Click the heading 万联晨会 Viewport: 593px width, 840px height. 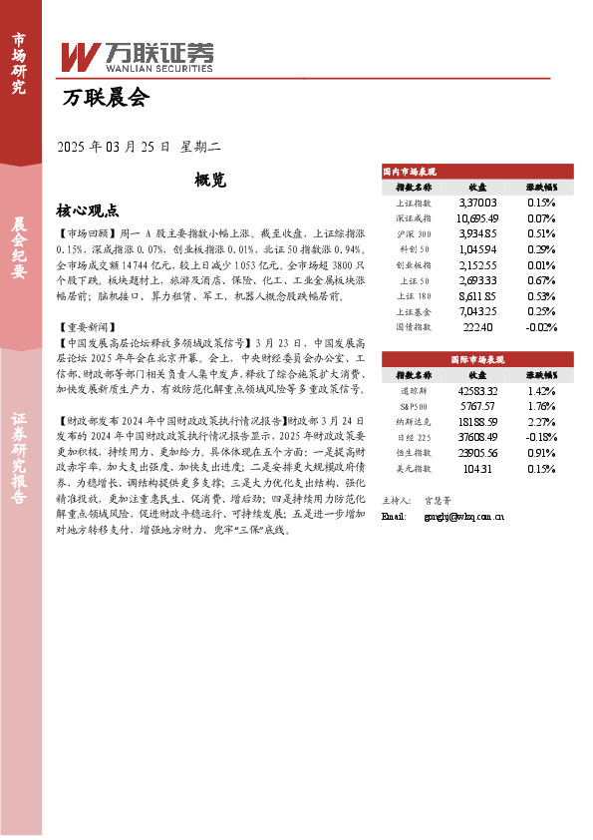(105, 98)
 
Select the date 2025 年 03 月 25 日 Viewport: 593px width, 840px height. (116, 147)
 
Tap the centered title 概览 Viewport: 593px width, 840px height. (211, 181)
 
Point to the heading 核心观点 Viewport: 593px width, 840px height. (88, 210)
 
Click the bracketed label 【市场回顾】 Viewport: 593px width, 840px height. (88, 230)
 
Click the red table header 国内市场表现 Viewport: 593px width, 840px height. (410, 172)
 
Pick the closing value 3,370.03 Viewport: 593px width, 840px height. (477, 202)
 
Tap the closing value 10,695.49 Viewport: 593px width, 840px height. (477, 217)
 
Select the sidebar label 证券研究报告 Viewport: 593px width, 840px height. (19, 467)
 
